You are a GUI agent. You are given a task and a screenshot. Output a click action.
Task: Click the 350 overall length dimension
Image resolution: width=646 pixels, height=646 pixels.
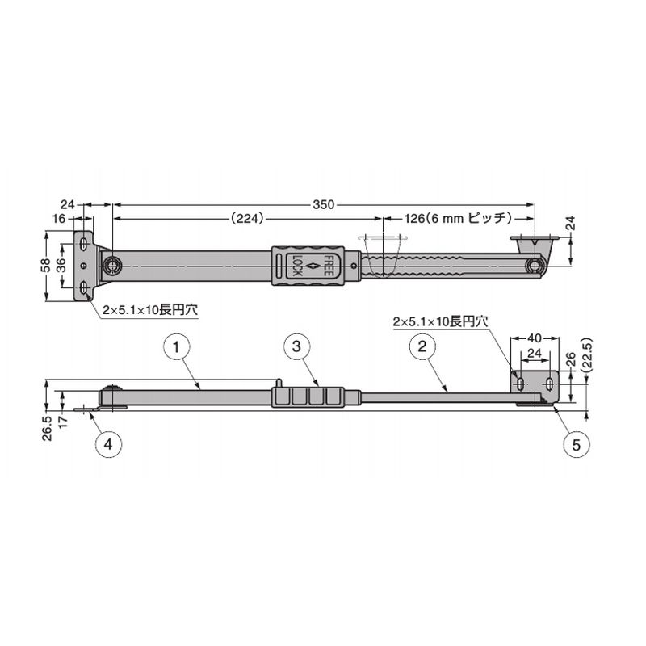[x=324, y=205]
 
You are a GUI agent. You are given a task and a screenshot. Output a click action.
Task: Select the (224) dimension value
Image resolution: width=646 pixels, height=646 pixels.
[x=247, y=218]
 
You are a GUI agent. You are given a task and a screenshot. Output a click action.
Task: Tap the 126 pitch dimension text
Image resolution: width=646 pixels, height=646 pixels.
[x=457, y=218]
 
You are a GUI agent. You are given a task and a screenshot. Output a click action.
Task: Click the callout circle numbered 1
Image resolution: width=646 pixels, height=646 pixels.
[x=177, y=347]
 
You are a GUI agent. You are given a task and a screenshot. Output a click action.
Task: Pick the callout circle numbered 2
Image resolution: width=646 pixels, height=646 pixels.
[x=422, y=346]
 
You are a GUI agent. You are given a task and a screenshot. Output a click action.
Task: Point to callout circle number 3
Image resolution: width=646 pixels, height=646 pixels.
[x=296, y=346]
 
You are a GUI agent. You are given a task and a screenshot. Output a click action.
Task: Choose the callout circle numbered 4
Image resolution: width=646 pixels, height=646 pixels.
[x=108, y=445]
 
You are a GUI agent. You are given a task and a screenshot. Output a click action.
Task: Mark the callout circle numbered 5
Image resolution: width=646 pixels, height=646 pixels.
[x=576, y=445]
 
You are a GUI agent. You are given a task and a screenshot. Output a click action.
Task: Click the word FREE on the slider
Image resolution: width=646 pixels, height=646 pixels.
[x=327, y=266]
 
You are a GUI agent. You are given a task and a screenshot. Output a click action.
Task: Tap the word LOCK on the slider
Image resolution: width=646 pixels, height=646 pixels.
[x=297, y=266]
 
